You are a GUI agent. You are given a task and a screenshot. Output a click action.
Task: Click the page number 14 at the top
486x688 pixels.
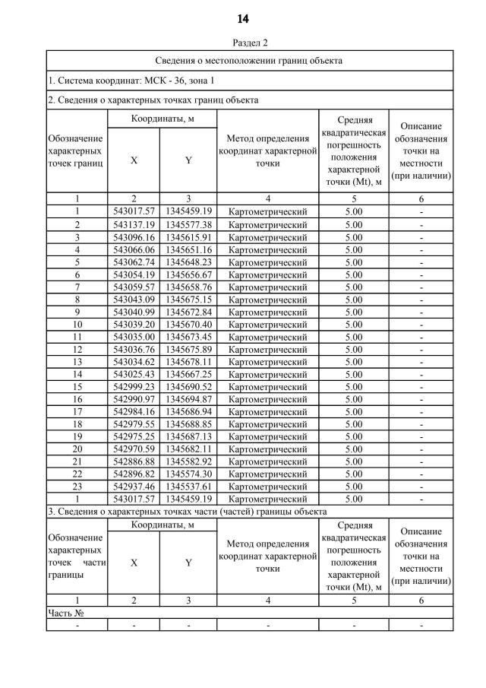point(243,18)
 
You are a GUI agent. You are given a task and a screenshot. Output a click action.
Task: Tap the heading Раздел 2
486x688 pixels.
point(243,43)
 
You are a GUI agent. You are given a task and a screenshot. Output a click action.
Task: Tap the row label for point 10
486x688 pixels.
point(77,324)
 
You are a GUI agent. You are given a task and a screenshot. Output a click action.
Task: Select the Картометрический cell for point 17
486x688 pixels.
point(267,411)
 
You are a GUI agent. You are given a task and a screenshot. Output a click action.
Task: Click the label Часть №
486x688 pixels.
point(65,612)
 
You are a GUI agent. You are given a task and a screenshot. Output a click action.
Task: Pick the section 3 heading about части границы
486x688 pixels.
point(187,512)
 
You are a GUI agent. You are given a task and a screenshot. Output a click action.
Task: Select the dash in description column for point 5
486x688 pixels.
point(421,262)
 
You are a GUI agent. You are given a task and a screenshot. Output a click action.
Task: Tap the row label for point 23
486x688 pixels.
point(77,487)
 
